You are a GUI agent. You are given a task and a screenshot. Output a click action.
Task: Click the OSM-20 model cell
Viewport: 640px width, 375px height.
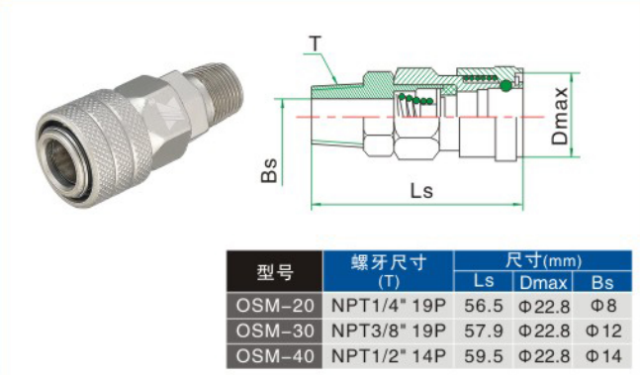click(x=275, y=306)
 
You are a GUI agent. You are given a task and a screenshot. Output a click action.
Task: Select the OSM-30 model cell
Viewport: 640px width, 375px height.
click(x=275, y=330)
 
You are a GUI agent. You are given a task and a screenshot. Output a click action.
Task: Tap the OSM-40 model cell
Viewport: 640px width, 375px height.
click(x=275, y=356)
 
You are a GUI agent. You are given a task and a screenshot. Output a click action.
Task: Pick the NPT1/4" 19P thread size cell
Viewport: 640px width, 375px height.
click(x=388, y=306)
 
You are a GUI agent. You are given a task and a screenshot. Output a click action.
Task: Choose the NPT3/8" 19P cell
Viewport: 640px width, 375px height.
click(x=388, y=330)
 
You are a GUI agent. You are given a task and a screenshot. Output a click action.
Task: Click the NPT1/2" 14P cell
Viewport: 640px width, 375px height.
click(x=388, y=356)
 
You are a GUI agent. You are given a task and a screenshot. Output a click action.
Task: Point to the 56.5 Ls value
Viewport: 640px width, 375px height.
click(x=484, y=306)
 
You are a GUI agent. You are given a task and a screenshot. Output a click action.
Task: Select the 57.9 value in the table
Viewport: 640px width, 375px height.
click(x=484, y=330)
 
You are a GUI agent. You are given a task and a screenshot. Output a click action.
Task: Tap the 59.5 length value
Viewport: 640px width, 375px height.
click(x=484, y=356)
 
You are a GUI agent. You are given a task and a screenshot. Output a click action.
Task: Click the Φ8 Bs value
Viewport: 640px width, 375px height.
click(x=603, y=306)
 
